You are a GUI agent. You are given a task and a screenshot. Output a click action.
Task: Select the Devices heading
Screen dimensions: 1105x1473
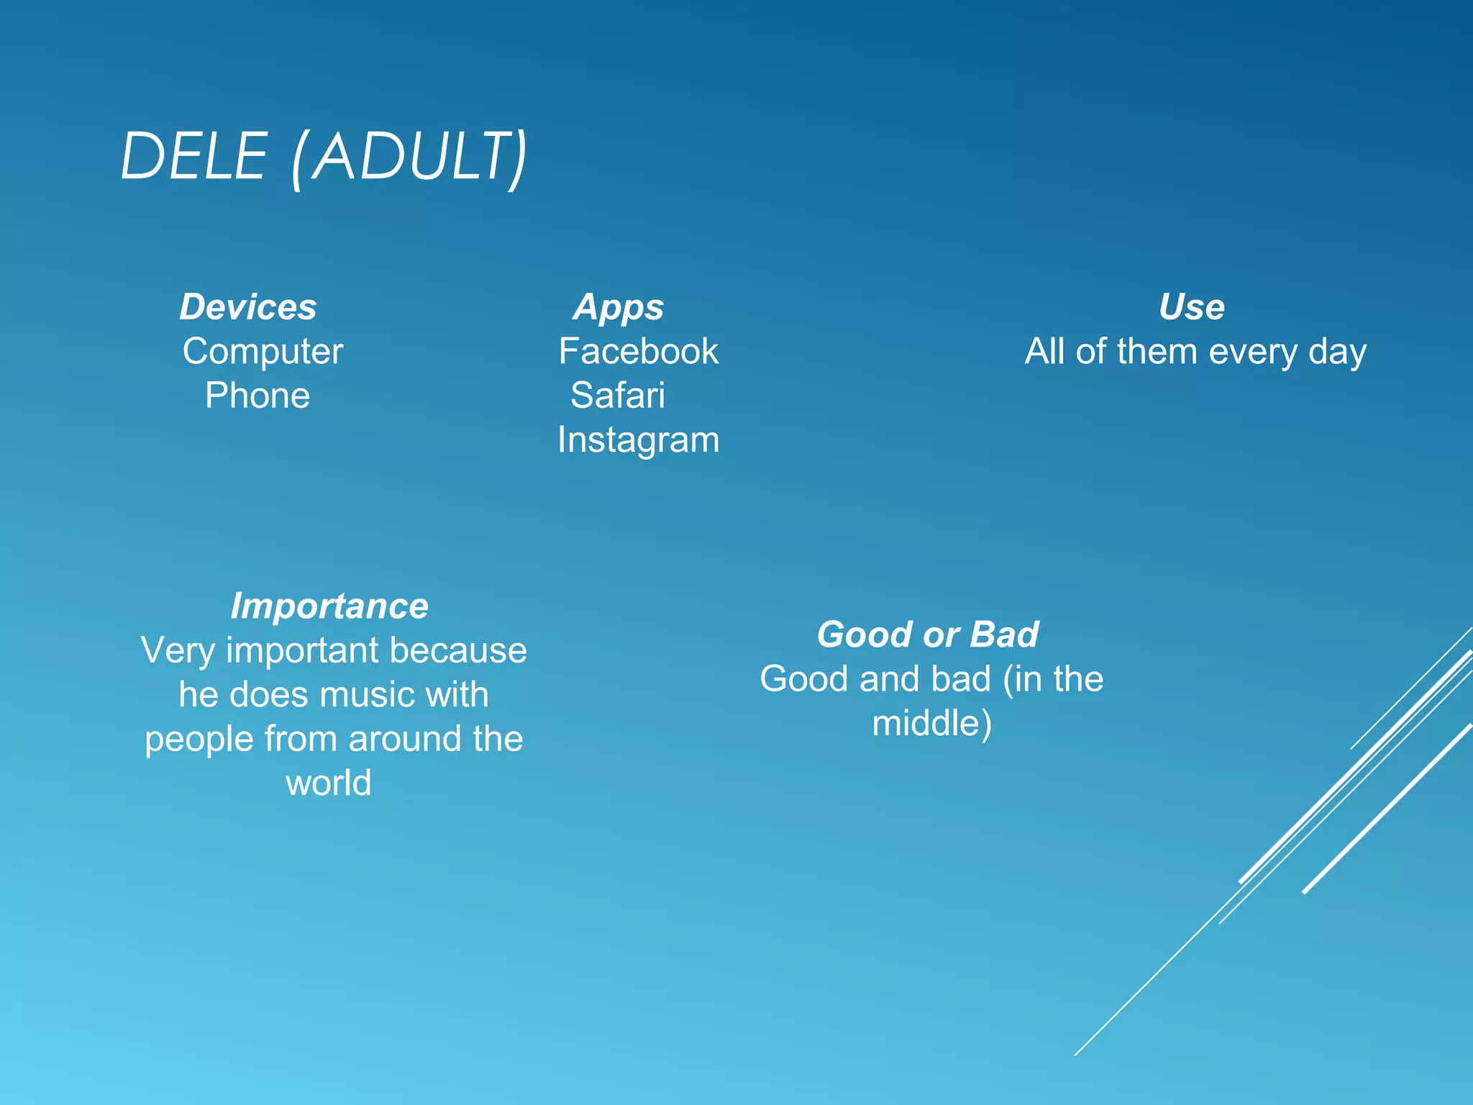click(247, 307)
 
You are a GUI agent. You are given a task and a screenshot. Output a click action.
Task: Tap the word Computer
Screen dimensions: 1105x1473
click(263, 352)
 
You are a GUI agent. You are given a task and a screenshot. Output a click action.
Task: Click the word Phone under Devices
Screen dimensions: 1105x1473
click(257, 396)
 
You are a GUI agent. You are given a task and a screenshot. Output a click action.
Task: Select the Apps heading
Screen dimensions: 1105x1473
click(619, 308)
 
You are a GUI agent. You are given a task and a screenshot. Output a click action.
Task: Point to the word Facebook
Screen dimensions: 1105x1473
click(638, 352)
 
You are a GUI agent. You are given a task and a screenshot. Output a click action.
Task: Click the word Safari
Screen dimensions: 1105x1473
click(618, 396)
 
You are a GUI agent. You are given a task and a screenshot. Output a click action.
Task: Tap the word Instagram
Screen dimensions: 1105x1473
click(638, 440)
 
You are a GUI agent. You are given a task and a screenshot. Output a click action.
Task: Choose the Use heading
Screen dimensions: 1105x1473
click(1191, 307)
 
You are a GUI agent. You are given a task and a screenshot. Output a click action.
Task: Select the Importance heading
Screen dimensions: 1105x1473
click(329, 606)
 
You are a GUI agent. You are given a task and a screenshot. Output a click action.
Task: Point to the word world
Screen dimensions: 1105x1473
click(329, 783)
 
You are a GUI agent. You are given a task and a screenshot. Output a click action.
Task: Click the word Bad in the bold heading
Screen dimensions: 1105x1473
click(1004, 635)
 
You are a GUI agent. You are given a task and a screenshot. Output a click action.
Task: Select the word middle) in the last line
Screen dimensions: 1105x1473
click(932, 724)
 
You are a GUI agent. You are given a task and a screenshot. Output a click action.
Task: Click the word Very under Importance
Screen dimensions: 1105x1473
click(178, 651)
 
